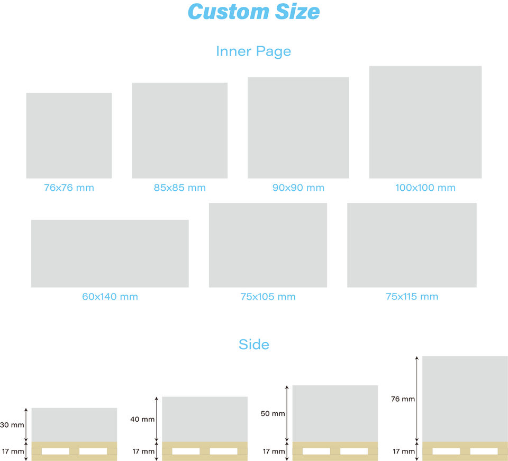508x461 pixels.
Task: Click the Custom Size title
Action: pyautogui.click(x=253, y=12)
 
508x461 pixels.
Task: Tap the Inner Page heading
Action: pyautogui.click(x=253, y=51)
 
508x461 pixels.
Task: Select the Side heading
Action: pyautogui.click(x=254, y=344)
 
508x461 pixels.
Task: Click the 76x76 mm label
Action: pyautogui.click(x=69, y=188)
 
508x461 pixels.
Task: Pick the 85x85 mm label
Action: pyautogui.click(x=180, y=188)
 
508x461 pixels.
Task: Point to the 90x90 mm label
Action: pyautogui.click(x=298, y=188)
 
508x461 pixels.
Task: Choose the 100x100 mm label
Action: pyautogui.click(x=425, y=188)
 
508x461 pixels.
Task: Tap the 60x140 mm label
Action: pyautogui.click(x=110, y=297)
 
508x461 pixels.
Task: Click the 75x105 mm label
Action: pyautogui.click(x=268, y=297)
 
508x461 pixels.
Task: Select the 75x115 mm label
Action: pyautogui.click(x=412, y=297)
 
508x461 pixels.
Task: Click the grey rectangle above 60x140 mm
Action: pyautogui.click(x=110, y=253)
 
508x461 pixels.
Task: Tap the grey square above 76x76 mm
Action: pyautogui.click(x=69, y=136)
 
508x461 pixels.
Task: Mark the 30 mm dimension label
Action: pyautogui.click(x=12, y=425)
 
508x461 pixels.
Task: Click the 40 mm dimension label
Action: pyautogui.click(x=142, y=419)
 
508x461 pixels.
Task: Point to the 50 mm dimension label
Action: pyautogui.click(x=273, y=414)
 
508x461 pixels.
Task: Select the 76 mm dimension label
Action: pyautogui.click(x=403, y=399)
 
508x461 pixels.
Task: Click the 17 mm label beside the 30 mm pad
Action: pyautogui.click(x=13, y=451)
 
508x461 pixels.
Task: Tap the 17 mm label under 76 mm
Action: pyautogui.click(x=404, y=451)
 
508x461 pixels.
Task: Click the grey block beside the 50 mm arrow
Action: pyautogui.click(x=335, y=414)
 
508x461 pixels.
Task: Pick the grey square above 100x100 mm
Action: pyautogui.click(x=425, y=122)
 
